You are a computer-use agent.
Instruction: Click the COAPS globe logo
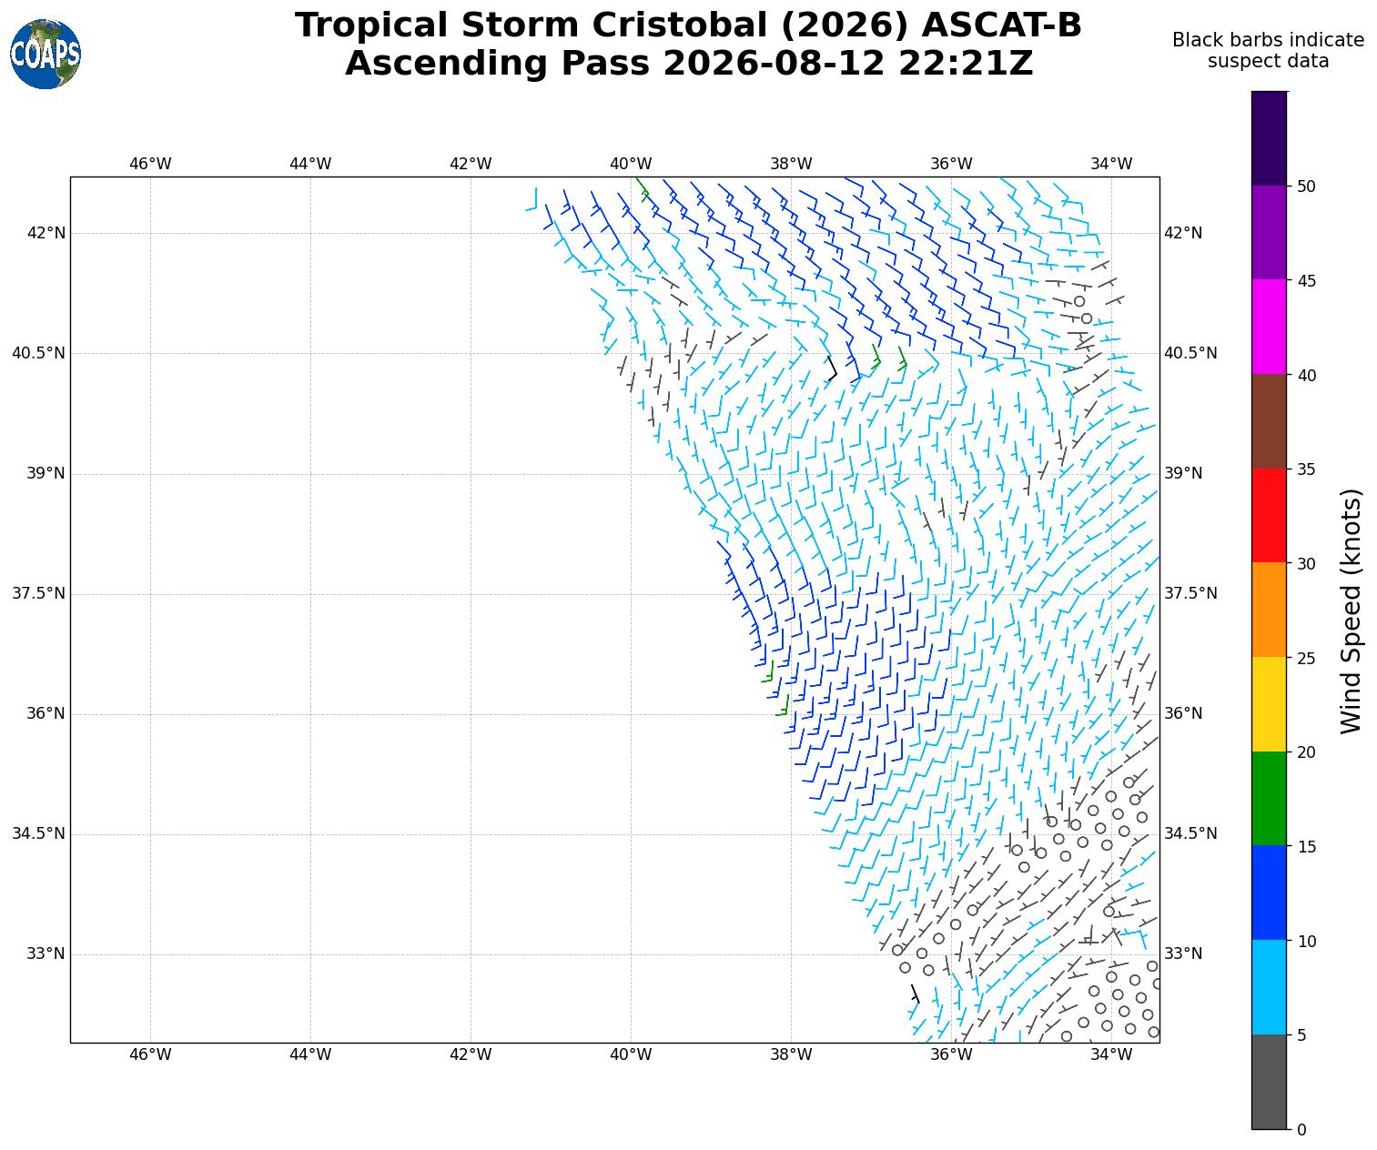[x=46, y=54]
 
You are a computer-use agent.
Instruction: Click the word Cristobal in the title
[x=682, y=25]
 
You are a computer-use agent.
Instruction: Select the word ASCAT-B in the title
[x=1001, y=25]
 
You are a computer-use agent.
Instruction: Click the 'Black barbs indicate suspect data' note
[x=1268, y=51]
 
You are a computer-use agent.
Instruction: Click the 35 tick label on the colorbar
[x=1306, y=469]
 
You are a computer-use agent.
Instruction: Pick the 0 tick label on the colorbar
[x=1301, y=1130]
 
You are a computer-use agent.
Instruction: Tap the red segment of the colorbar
[x=1269, y=516]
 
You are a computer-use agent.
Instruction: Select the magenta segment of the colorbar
[x=1269, y=327]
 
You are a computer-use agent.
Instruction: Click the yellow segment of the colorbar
[x=1269, y=704]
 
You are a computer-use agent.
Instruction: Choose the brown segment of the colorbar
[x=1269, y=421]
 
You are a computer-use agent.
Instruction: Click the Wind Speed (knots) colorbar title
[x=1351, y=611]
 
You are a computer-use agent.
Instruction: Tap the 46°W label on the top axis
[x=149, y=164]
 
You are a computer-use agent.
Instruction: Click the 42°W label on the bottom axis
[x=471, y=1054]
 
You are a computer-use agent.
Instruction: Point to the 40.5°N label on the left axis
[x=38, y=353]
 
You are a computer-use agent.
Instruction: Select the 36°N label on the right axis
[x=1182, y=713]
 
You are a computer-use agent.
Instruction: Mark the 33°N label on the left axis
[x=46, y=954]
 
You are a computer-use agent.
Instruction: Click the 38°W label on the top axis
[x=791, y=164]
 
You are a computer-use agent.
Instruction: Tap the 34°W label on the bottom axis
[x=1111, y=1054]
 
